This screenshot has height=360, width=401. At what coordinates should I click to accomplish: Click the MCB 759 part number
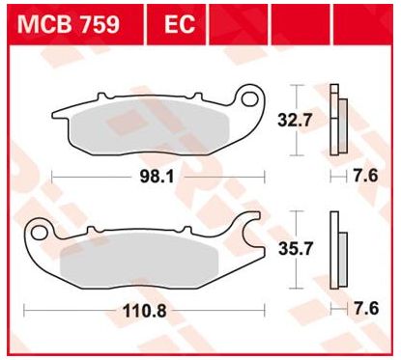[69, 24]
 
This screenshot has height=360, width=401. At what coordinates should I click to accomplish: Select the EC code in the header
[180, 24]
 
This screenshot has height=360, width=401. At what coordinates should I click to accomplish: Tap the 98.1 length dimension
[157, 177]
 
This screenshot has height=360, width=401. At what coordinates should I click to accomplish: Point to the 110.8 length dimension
[145, 311]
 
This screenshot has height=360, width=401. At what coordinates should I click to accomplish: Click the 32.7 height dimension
[295, 121]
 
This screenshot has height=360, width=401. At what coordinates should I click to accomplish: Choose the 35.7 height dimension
[296, 249]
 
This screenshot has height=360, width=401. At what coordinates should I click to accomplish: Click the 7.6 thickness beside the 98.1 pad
[365, 176]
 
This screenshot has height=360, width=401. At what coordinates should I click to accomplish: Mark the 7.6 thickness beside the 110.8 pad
[366, 309]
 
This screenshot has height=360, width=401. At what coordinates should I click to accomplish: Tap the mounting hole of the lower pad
[39, 233]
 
